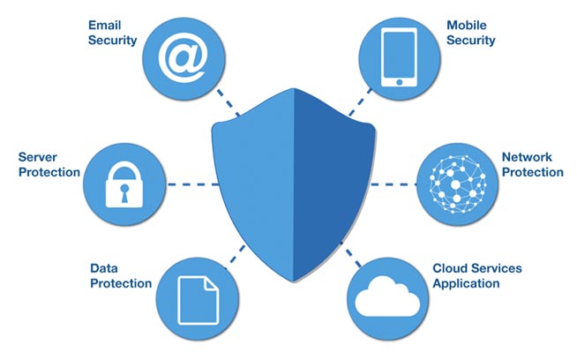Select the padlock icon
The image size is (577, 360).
pos(124,184)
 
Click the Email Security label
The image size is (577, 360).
pos(112,34)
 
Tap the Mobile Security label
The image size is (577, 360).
pos(470,33)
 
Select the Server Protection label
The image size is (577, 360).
pos(49,164)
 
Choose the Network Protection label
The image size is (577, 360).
pos(532,164)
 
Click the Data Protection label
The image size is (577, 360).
pos(121,274)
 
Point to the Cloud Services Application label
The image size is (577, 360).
pos(477,275)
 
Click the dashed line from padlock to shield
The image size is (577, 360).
pos(188,184)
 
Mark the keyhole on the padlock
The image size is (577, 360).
pos(124,191)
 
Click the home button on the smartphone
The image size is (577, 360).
pos(399,81)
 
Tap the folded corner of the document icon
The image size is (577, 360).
pos(210,282)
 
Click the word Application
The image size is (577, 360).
pos(466,283)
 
